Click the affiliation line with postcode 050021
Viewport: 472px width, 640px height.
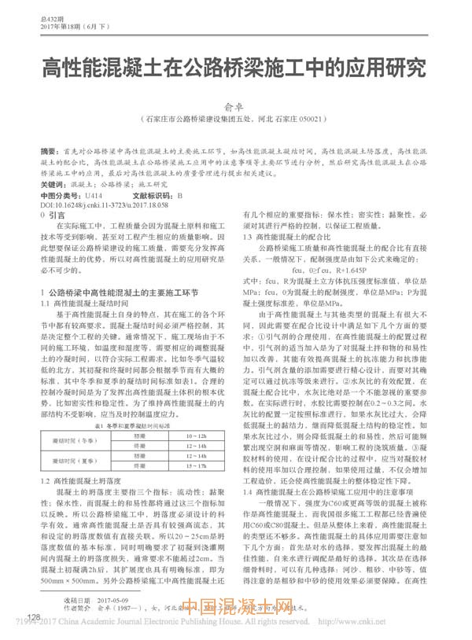click(x=236, y=118)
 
